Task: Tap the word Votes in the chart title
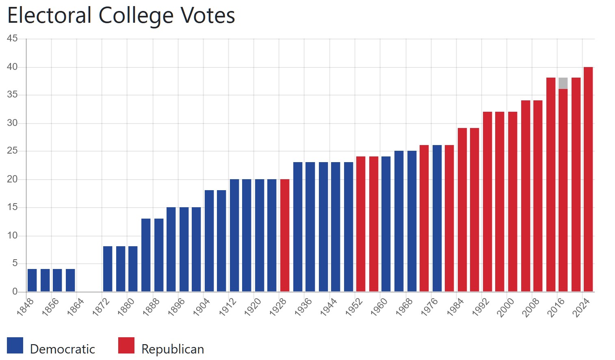tap(208, 16)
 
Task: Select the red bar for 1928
tap(285, 235)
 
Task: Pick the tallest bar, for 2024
tap(588, 179)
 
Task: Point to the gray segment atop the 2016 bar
tap(563, 83)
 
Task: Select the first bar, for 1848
tap(32, 280)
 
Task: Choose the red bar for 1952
tap(361, 224)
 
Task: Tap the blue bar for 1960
tap(386, 224)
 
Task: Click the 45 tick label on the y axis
tap(12, 39)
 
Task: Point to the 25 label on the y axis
tap(12, 151)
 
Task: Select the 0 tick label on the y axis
tap(15, 291)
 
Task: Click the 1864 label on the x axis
tap(76, 307)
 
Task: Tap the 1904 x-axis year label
tap(201, 307)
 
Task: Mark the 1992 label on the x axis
tap(481, 307)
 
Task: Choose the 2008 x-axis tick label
tap(531, 307)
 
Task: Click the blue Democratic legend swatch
tap(15, 345)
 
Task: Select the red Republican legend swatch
tap(126, 345)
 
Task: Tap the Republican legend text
tap(173, 349)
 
